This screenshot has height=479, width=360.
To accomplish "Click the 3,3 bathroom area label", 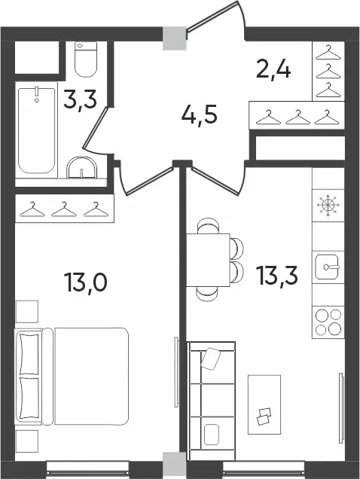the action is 80,100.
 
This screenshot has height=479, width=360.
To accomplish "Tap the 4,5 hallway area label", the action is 199,115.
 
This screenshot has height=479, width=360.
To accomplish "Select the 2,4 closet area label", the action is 273,69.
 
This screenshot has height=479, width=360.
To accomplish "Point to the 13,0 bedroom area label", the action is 86,282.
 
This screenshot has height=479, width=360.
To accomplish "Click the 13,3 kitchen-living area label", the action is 277,275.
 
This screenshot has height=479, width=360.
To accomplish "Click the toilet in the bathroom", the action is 86,59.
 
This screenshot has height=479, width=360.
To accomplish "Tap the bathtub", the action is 37,130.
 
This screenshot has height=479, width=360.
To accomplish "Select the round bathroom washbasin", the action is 82,168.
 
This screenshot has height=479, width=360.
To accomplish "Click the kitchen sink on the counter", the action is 328,267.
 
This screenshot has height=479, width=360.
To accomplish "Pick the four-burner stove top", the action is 328,322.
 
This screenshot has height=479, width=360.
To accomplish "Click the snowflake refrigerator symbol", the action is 328,205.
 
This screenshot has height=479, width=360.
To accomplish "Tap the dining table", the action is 208,260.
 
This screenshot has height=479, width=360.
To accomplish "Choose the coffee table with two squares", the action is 264,404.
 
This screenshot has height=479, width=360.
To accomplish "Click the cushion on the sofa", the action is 211,358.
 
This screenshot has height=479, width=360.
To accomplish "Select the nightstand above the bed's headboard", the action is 27,312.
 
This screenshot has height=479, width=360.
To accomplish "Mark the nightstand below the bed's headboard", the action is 27,442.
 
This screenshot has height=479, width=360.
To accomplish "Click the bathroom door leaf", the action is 96,127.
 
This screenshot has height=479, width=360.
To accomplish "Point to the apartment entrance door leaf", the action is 212,16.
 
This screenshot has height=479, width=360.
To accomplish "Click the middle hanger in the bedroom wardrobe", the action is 64,209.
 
